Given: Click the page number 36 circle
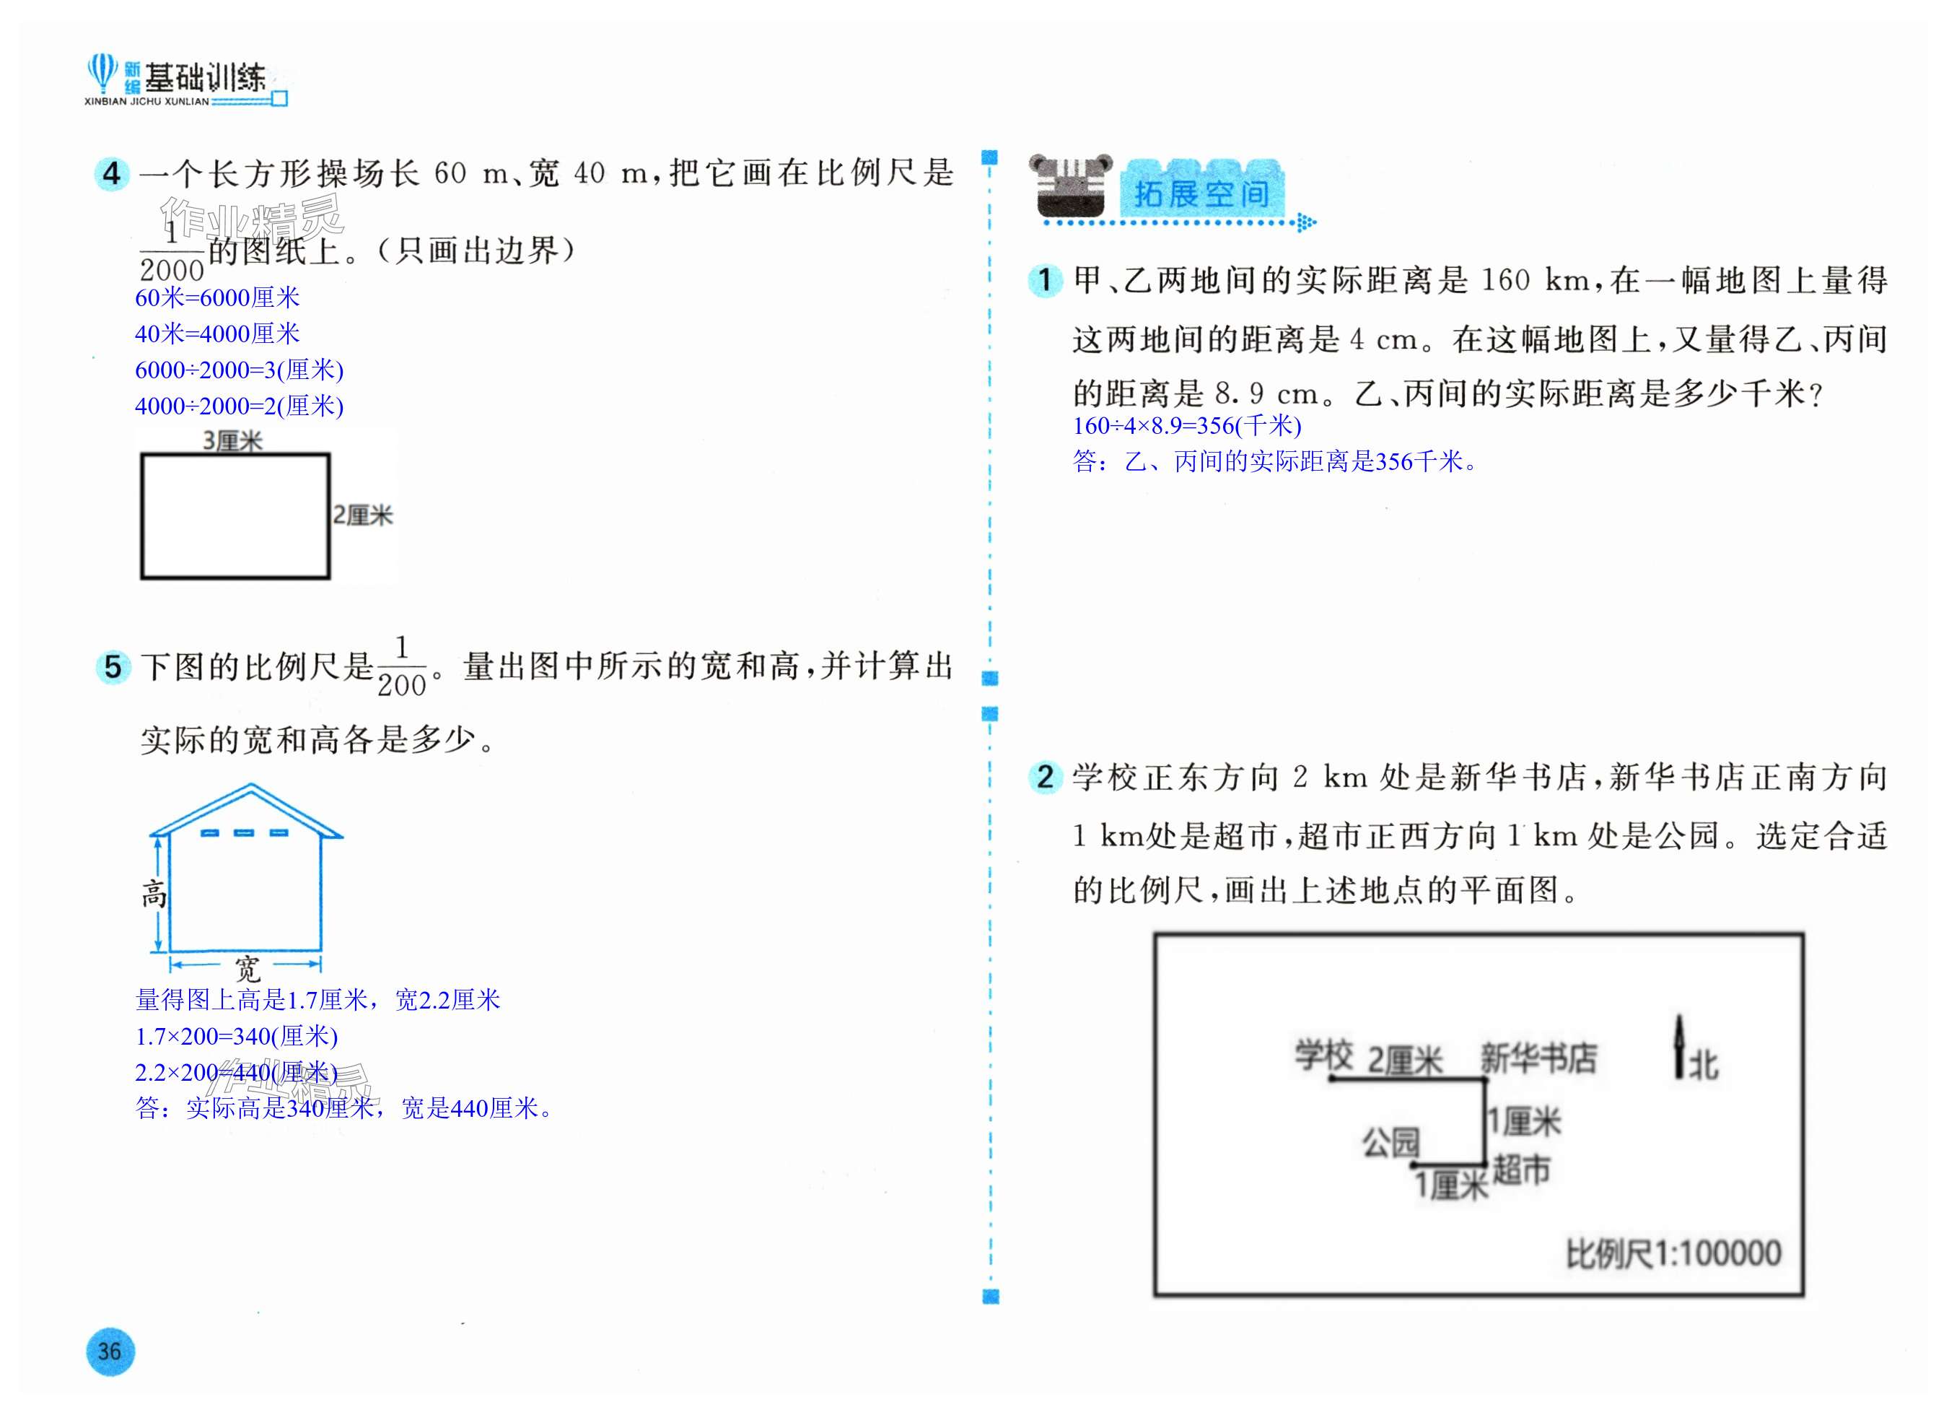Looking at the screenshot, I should pos(110,1351).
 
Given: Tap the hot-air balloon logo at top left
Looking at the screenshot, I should pos(102,72).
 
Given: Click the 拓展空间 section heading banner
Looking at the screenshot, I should pos(1201,193).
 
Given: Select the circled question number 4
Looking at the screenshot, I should pos(112,175).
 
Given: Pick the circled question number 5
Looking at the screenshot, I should pos(113,667).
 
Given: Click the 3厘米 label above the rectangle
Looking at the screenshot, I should pos(232,441).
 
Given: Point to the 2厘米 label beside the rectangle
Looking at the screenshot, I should pos(363,515).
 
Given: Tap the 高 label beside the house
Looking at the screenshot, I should pos(154,894).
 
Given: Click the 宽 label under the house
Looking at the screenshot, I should pos(248,969).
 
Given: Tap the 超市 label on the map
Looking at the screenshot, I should pos(1521,1170).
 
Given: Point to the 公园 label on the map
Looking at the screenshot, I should pos(1390,1143).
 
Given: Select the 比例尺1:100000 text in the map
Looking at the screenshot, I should pos(1673,1254).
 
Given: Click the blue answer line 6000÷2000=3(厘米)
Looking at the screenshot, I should pos(239,370).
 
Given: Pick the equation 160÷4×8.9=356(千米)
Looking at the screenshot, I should pos(1187,425).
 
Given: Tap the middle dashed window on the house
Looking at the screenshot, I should pos(244,832).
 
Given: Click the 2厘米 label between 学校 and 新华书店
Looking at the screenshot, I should pos(1404,1061).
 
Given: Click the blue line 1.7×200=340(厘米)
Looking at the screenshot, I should pos(237,1036).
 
